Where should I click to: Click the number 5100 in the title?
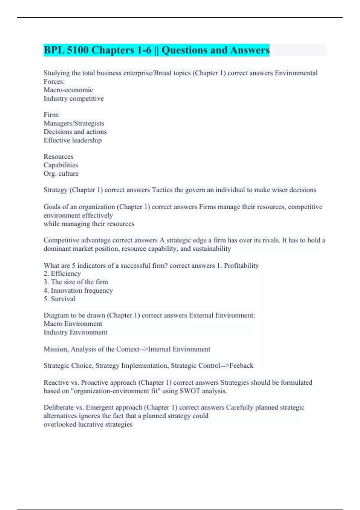77,50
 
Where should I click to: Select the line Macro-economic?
68,90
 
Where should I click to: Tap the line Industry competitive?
73,98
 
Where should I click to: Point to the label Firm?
52,115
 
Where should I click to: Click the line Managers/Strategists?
74,123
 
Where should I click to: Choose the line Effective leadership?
73,140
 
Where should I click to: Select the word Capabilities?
61,165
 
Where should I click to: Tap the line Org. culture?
61,173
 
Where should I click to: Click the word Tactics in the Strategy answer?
162,190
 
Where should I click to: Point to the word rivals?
271,240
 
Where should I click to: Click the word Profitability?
241,265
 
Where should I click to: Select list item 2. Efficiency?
62,274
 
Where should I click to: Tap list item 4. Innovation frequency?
78,290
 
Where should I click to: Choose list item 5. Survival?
59,299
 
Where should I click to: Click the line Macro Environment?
73,324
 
